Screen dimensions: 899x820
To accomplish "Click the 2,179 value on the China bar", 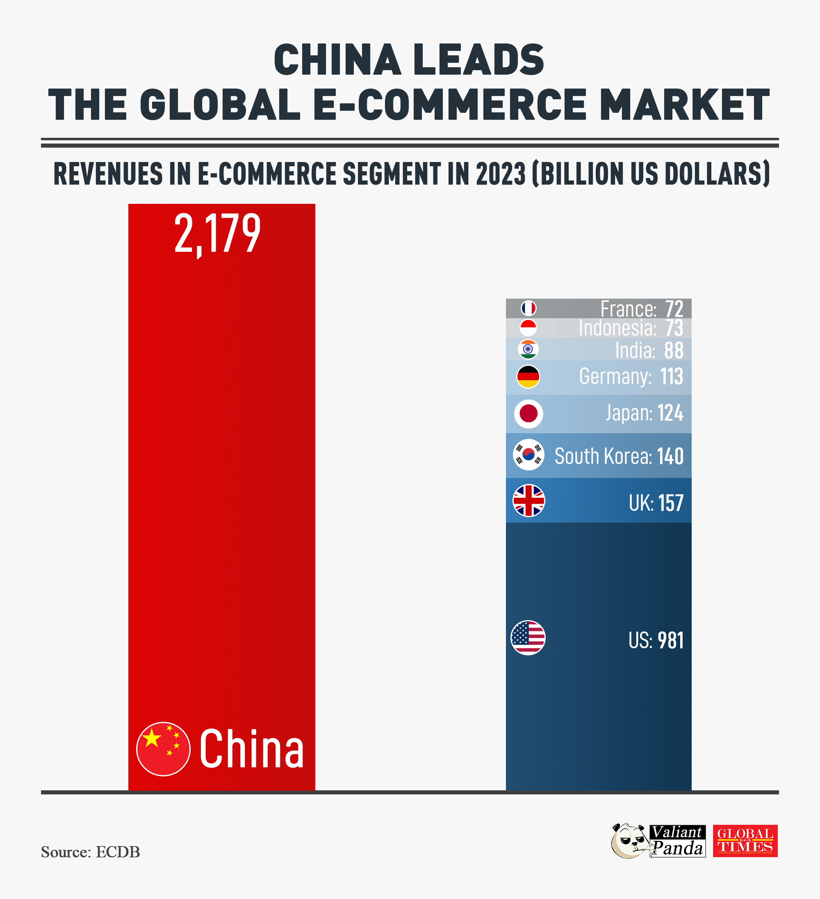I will pos(217,233).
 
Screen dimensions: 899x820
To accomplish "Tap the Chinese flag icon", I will pos(163,749).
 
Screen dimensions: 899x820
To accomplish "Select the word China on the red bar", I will pos(251,749).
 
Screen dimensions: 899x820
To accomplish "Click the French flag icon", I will pos(528,308).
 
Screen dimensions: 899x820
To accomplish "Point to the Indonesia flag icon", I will pos(528,328).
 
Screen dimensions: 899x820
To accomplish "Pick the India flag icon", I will pos(528,349).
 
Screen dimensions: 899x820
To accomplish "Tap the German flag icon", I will pos(528,377).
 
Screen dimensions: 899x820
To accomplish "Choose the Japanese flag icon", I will pos(528,414).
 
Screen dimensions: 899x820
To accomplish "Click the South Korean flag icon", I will pos(528,455).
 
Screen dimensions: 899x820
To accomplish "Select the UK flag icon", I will pos(528,501).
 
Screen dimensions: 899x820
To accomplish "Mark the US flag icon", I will pos(528,638).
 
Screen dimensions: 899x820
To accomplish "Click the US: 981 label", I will pos(656,641).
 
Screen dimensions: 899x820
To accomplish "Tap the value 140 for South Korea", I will pos(670,456).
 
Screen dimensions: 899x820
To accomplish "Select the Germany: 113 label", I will pos(631,377).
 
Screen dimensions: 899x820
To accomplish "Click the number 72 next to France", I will pos(674,308).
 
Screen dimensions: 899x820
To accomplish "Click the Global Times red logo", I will pos(745,841).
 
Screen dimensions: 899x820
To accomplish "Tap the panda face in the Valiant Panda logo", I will pos(630,841).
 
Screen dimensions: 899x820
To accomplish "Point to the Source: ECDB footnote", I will pos(91,852).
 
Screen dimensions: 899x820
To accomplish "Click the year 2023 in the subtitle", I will pos(501,173).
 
